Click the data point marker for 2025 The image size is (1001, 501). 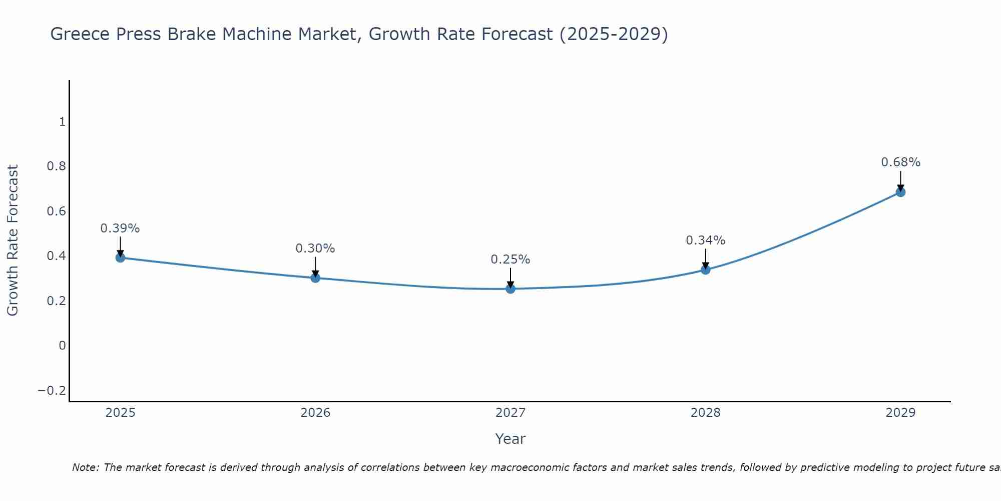coord(120,258)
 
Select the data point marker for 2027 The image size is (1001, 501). coord(511,289)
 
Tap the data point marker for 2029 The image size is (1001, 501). coord(900,192)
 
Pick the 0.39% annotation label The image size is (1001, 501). coord(120,228)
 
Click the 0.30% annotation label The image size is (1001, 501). coord(315,248)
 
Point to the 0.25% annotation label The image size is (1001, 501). coord(511,260)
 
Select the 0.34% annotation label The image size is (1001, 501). coord(705,240)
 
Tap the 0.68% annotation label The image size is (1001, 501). coord(900,162)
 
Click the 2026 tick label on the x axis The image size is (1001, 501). coord(315,413)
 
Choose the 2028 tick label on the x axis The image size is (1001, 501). coord(705,413)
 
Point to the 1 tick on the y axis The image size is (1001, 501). coord(62,122)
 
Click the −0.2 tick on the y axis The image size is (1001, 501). coord(52,391)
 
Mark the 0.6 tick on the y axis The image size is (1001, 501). coord(56,211)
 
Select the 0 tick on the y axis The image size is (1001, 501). coord(62,346)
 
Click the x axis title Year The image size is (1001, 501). coord(510,439)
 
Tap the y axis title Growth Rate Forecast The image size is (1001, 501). coord(13,240)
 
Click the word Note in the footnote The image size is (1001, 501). coord(86,468)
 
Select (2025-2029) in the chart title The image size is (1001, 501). coord(614,35)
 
